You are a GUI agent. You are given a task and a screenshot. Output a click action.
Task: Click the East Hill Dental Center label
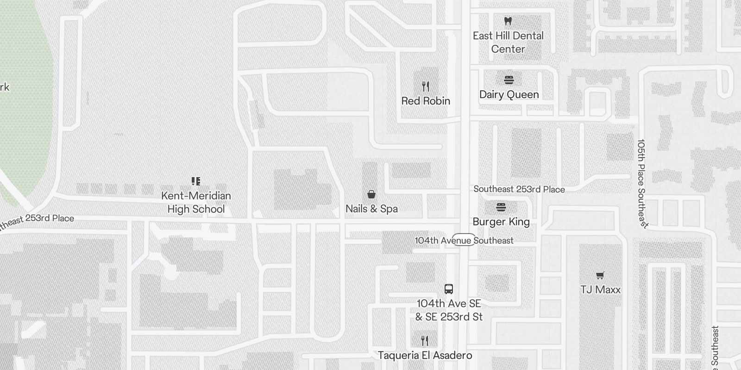[x=508, y=42]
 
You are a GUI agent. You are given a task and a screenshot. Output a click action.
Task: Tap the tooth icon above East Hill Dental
[x=508, y=21]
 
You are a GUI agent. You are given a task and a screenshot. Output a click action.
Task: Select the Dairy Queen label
[x=509, y=94]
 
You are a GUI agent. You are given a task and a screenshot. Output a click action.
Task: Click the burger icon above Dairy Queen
[x=509, y=80]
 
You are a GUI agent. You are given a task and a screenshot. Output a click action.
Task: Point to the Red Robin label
[x=426, y=101]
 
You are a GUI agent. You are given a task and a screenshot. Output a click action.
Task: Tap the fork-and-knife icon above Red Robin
[x=426, y=86]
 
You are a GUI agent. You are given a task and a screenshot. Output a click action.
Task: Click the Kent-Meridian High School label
[x=196, y=202]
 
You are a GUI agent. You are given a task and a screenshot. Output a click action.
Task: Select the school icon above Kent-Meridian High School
[x=196, y=181]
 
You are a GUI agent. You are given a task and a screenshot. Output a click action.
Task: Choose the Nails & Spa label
[x=371, y=209]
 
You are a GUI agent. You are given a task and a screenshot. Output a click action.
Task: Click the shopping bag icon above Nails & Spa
[x=371, y=194]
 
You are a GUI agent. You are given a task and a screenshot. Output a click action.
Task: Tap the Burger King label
[x=501, y=222]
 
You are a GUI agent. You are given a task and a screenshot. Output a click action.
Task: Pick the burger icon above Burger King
[x=501, y=207]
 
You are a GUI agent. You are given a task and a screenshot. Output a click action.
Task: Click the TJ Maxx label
[x=600, y=290]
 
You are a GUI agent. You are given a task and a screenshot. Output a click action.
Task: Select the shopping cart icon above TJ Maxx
[x=600, y=276]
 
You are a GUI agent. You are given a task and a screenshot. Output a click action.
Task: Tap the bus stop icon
[x=448, y=289]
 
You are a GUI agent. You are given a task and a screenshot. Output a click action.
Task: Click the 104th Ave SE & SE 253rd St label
[x=449, y=310]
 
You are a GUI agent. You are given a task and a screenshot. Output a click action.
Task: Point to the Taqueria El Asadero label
[x=425, y=355]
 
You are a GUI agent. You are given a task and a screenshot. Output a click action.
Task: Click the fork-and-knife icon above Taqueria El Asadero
[x=425, y=341]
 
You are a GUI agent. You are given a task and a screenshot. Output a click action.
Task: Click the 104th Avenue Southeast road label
[x=464, y=240]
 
